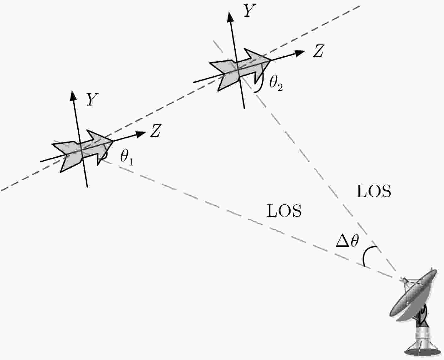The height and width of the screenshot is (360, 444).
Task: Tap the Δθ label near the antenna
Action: (x=347, y=241)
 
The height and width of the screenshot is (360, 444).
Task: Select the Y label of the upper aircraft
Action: (x=249, y=11)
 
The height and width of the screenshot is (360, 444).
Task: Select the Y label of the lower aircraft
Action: (x=92, y=99)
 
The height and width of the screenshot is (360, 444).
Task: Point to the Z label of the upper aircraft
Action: (x=318, y=51)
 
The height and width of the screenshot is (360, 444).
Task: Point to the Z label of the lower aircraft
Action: (x=155, y=131)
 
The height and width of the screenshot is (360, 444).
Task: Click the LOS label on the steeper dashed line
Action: (x=373, y=191)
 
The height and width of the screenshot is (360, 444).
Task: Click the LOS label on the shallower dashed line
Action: (x=284, y=211)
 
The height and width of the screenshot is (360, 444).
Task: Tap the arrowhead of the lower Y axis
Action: (x=73, y=95)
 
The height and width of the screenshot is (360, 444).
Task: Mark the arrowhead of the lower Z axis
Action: (x=140, y=134)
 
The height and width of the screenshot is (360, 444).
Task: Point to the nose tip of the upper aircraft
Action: (x=271, y=60)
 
